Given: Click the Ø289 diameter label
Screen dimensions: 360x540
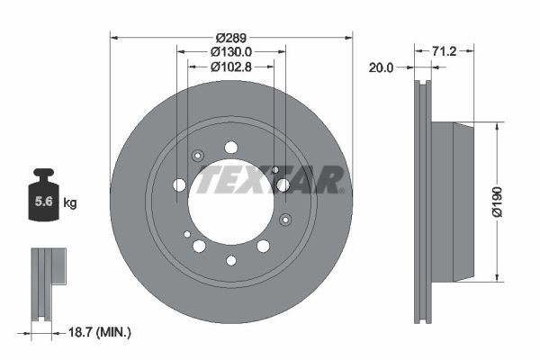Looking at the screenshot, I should coord(230,38).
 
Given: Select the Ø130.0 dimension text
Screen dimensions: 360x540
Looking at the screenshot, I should coord(230,52).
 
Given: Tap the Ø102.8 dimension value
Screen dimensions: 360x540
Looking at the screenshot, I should coord(230,66).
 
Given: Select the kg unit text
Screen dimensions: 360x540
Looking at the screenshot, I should coord(70,203).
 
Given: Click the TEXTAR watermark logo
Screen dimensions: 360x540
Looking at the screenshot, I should coord(270,178).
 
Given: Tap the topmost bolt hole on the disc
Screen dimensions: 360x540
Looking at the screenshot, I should coord(230,147).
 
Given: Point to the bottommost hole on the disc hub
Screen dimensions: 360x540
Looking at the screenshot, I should coord(230,261).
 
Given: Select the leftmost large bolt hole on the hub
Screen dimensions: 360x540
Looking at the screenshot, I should coord(178,185).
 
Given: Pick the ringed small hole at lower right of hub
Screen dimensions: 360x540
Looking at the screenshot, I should coord(285,220).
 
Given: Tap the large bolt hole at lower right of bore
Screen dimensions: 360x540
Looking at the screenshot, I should coord(263,246).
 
